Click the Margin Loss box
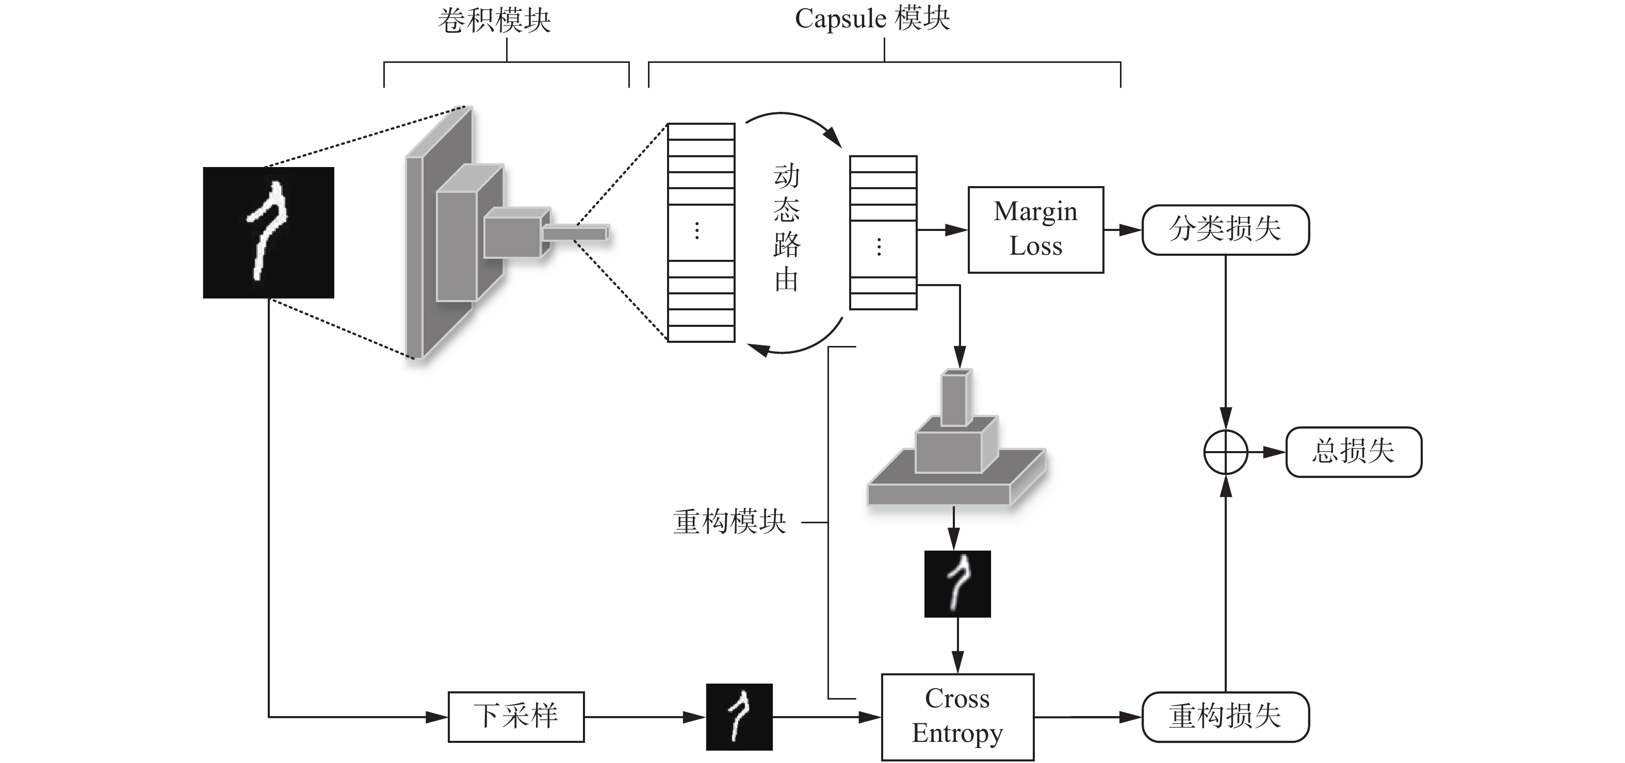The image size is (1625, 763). pyautogui.click(x=1035, y=229)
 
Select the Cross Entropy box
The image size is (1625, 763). pyautogui.click(x=957, y=716)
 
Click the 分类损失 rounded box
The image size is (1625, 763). pyautogui.click(x=1225, y=229)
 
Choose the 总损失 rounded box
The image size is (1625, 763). pyautogui.click(x=1354, y=452)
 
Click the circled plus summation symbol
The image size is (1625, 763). pyautogui.click(x=1225, y=452)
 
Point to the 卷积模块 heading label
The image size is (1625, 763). pyautogui.click(x=494, y=20)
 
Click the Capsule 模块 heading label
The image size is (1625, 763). pyautogui.click(x=872, y=19)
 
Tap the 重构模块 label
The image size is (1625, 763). pyautogui.click(x=729, y=522)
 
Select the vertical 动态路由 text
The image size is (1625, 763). pyautogui.click(x=786, y=228)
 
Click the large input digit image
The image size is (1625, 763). pyautogui.click(x=268, y=232)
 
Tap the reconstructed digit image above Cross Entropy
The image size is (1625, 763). pyautogui.click(x=957, y=583)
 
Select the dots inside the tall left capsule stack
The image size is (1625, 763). pyautogui.click(x=696, y=231)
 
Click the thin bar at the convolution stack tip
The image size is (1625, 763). pyautogui.click(x=575, y=234)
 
